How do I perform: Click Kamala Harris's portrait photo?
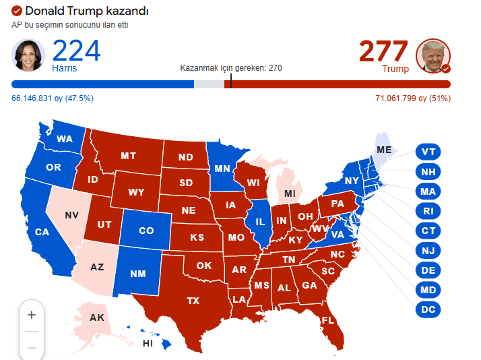pyautogui.click(x=28, y=55)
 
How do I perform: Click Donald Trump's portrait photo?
pyautogui.click(x=433, y=55)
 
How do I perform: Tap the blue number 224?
pyautogui.click(x=76, y=51)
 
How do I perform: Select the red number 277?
pyautogui.click(x=383, y=51)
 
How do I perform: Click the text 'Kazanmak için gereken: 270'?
pyautogui.click(x=231, y=68)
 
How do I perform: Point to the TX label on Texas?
pyautogui.click(x=193, y=300)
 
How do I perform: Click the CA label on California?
pyautogui.click(x=42, y=232)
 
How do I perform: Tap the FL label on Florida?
pyautogui.click(x=328, y=320)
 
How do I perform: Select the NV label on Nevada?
pyautogui.click(x=72, y=215)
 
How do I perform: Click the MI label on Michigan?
pyautogui.click(x=290, y=194)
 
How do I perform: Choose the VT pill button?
pyautogui.click(x=428, y=152)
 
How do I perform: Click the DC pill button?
pyautogui.click(x=428, y=310)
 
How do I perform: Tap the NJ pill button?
pyautogui.click(x=428, y=251)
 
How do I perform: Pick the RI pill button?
pyautogui.click(x=428, y=211)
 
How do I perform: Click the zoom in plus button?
pyautogui.click(x=31, y=315)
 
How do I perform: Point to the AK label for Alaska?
pyautogui.click(x=97, y=317)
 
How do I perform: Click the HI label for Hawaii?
pyautogui.click(x=148, y=343)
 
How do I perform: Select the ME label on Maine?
pyautogui.click(x=384, y=149)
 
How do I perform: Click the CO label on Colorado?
pyautogui.click(x=146, y=231)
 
